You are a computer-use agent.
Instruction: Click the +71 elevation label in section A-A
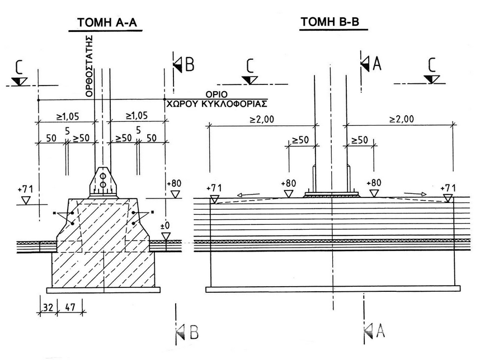tap(26, 188)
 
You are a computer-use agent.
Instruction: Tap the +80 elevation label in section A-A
tap(175, 183)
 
